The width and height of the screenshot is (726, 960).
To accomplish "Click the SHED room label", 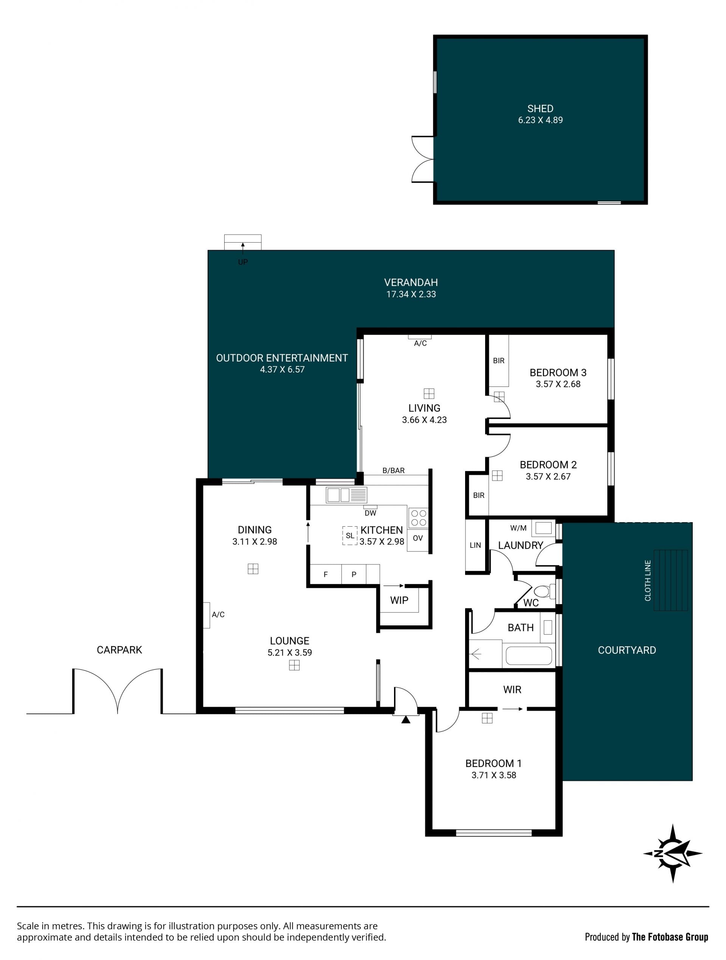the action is click(x=540, y=108).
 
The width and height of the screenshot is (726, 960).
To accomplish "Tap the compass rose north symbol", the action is click(x=673, y=853).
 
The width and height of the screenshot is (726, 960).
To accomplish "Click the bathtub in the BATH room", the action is click(x=528, y=656).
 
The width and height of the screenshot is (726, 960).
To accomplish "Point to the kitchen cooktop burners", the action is click(x=418, y=518).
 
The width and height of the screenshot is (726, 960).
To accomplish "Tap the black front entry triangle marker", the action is click(x=405, y=720).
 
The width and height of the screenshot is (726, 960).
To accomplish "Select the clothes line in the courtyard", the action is click(x=670, y=580).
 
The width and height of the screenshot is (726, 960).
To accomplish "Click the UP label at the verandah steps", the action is click(x=243, y=262).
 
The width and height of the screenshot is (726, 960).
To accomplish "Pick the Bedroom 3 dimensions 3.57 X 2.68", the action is click(x=558, y=384).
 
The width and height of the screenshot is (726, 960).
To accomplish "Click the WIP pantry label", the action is click(x=399, y=600).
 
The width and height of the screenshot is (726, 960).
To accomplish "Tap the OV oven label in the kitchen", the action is click(x=417, y=538).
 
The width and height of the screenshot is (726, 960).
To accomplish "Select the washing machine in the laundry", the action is click(x=543, y=528).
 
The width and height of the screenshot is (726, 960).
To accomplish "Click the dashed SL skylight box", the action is click(x=350, y=536).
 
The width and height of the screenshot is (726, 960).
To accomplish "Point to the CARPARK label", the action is click(x=119, y=650).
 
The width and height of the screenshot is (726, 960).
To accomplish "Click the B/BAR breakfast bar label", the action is click(x=393, y=470).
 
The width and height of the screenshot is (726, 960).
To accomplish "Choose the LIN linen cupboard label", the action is click(x=475, y=545).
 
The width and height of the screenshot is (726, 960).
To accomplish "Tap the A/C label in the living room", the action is click(x=420, y=343).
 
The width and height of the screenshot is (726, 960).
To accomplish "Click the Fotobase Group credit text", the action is click(x=670, y=937).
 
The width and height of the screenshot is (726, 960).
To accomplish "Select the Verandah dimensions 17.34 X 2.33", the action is click(x=411, y=294).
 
